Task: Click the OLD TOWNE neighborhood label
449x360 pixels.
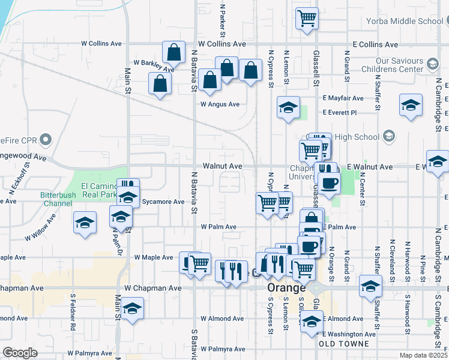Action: (339, 344)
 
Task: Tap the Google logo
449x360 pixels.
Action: (20, 353)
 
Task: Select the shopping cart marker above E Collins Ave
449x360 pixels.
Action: (307, 19)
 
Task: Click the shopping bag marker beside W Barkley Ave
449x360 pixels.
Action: (173, 53)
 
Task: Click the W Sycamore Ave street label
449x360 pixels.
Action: (162, 202)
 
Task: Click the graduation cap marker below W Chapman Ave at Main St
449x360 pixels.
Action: (131, 309)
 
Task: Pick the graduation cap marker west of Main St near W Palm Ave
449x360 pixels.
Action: (85, 223)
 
